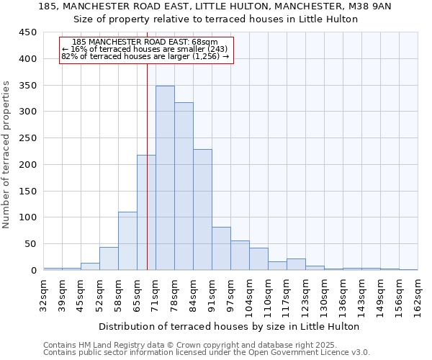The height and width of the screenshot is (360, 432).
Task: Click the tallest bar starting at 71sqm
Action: point(165,178)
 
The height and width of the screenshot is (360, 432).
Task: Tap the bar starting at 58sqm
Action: point(127,240)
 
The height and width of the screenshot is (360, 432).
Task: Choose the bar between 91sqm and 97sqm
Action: point(221,248)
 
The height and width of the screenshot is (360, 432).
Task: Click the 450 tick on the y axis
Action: point(28,32)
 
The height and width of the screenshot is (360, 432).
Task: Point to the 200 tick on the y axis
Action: point(28,165)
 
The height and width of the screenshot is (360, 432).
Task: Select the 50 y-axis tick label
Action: point(31,244)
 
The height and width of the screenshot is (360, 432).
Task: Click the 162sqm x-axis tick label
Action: point(418,295)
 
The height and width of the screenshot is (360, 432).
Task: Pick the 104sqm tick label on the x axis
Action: point(249,295)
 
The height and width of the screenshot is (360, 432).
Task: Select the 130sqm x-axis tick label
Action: point(324,295)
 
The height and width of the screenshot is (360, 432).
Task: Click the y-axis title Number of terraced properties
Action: point(6,154)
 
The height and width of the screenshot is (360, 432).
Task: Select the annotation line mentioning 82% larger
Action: point(145,56)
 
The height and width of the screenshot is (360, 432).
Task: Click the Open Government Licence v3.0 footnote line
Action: point(207,352)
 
